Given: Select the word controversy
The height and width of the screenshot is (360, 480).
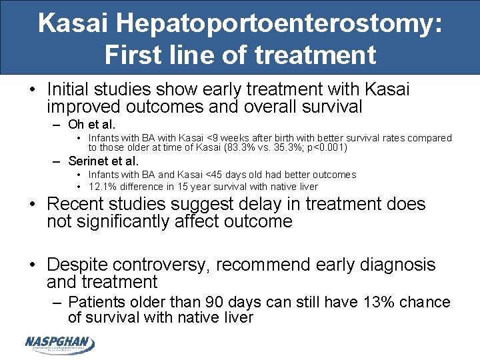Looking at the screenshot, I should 171,265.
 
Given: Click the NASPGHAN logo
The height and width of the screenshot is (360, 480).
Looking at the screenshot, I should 59,343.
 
